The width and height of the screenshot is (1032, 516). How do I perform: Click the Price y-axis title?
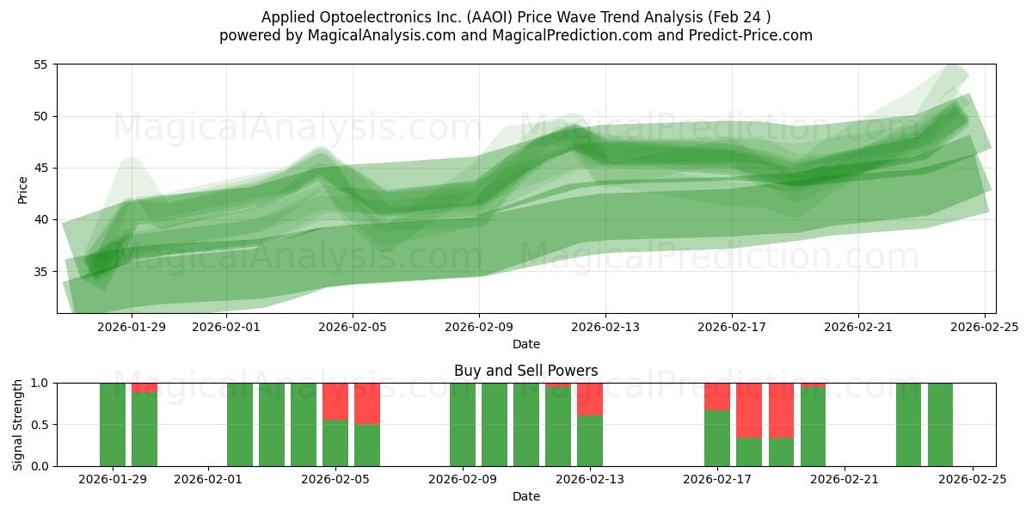coord(23,189)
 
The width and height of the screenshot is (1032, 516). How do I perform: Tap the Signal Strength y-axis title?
coord(19,424)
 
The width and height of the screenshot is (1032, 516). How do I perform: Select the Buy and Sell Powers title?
coord(525,371)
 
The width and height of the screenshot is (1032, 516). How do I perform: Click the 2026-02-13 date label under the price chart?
coord(605,327)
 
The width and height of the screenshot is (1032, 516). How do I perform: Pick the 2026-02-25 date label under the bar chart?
coord(972,480)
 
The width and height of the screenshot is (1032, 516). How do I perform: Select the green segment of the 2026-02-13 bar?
coord(590,440)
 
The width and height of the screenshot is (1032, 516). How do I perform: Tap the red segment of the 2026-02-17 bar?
coord(717,396)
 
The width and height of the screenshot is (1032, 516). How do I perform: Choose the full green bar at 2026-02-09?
coord(463,424)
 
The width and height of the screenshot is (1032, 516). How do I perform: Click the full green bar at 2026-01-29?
coord(113,424)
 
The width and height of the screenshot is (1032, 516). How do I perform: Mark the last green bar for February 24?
coord(940,424)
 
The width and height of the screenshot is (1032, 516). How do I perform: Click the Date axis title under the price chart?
coord(525,344)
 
